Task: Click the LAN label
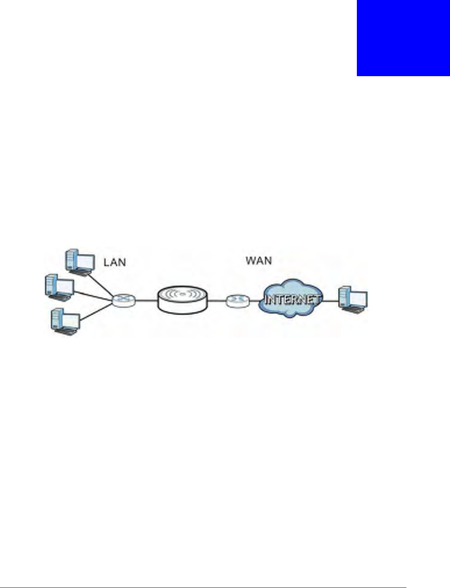coord(115,262)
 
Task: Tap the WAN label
coord(258,260)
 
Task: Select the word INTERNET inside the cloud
coord(292,299)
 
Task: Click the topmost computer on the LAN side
coord(79,262)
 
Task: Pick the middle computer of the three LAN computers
coord(59,287)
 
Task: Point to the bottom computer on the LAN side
coord(65,322)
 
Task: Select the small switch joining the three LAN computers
coord(124,300)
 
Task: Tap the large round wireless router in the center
coord(182,300)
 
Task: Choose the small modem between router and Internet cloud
coord(237,300)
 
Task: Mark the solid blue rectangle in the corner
coord(403,38)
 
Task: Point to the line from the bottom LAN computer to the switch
coord(97,312)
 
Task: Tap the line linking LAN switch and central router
coord(146,301)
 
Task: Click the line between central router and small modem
coord(217,301)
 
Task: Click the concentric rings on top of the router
coord(182,294)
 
